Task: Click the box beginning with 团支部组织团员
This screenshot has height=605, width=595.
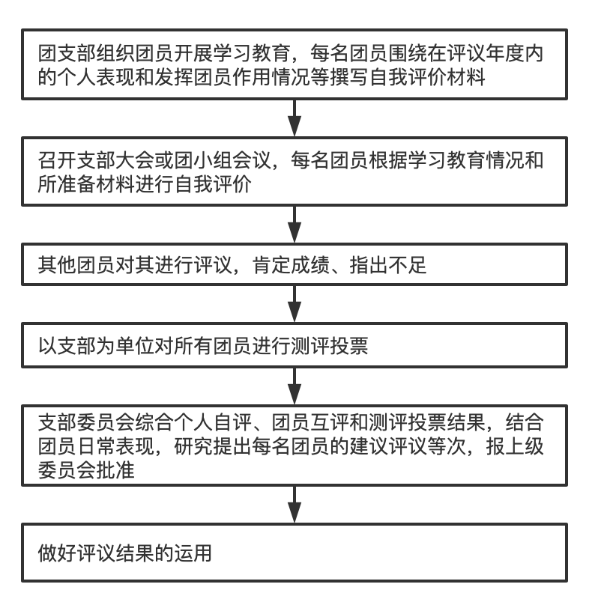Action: pyautogui.click(x=297, y=63)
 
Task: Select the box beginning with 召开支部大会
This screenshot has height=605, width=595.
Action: pyautogui.click(x=297, y=171)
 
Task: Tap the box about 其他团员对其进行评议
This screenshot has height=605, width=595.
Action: pyautogui.click(x=297, y=265)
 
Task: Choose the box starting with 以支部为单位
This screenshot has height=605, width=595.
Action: pyautogui.click(x=297, y=347)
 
